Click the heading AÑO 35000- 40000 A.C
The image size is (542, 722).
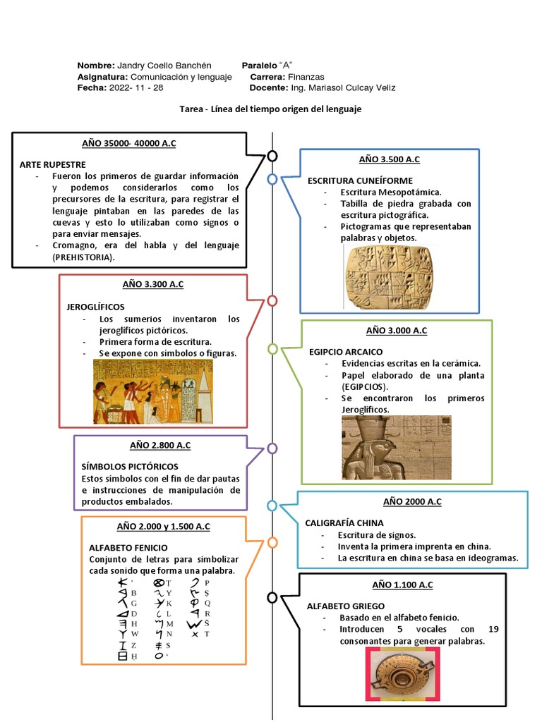pyautogui.click(x=129, y=143)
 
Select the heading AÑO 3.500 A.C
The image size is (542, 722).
pyautogui.click(x=389, y=159)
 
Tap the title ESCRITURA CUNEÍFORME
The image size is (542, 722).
pyautogui.click(x=360, y=180)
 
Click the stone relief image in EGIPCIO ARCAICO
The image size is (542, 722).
pyautogui.click(x=396, y=447)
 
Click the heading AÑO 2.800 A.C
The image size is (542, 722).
pyautogui.click(x=160, y=445)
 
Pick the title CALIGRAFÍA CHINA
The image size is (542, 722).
pyautogui.click(x=344, y=523)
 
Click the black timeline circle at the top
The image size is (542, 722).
pyautogui.click(x=272, y=156)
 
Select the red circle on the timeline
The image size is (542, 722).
pyautogui.click(x=272, y=300)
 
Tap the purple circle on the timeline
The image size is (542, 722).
pyautogui.click(x=272, y=448)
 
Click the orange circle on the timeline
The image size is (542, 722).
pyautogui.click(x=272, y=542)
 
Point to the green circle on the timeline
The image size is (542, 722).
pyautogui.click(x=272, y=348)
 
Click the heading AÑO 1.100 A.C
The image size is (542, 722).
pyautogui.click(x=402, y=585)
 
